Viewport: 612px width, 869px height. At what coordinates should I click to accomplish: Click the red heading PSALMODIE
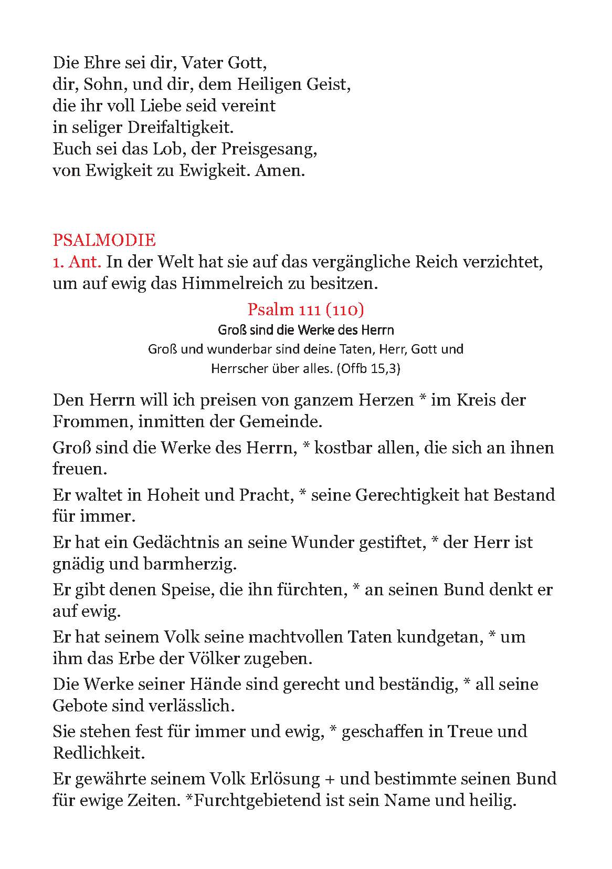click(x=104, y=240)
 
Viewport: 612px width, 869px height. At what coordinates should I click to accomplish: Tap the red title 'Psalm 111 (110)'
click(x=305, y=309)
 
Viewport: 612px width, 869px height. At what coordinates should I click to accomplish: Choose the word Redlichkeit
click(x=98, y=753)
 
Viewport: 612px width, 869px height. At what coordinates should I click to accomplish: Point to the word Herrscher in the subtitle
click(x=237, y=369)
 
